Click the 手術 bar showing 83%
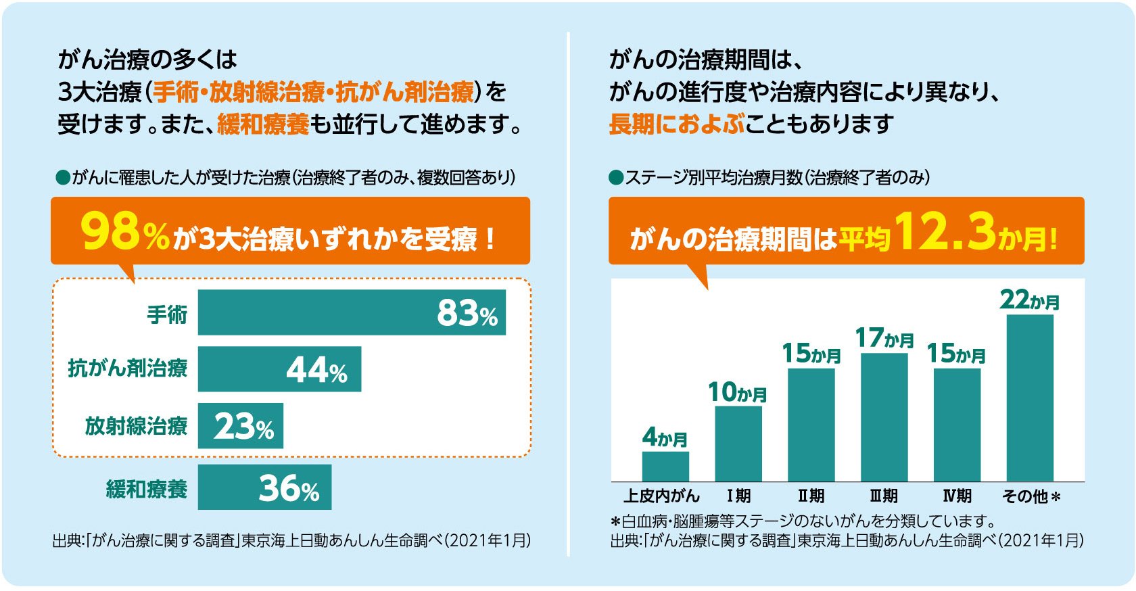352,312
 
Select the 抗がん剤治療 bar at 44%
279,369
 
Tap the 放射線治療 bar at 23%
240,426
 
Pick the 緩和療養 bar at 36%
264,487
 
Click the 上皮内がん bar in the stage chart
665,467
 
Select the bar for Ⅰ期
738,444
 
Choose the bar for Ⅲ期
884,417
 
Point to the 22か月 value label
1029,300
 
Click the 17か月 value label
884,338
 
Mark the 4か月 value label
665,438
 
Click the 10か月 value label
737,392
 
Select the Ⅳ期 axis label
957,496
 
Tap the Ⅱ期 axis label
811,496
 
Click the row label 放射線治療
136,426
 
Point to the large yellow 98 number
110,232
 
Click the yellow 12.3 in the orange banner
945,232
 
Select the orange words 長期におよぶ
676,124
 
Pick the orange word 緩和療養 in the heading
263,124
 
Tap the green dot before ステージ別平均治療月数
615,178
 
